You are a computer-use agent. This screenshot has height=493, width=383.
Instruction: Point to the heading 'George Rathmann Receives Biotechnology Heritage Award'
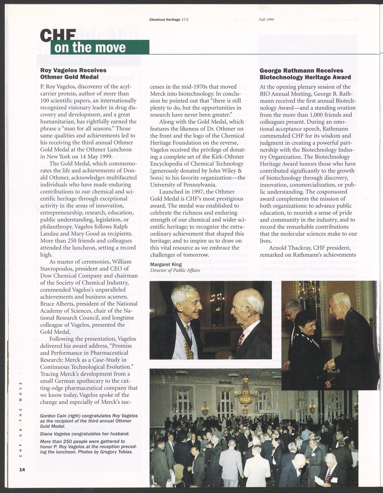pos(305,74)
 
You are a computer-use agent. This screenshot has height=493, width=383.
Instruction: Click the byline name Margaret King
pos(166,264)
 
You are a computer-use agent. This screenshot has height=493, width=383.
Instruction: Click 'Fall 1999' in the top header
pos(267,19)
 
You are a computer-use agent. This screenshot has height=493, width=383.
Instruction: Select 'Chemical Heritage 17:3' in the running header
pos(169,19)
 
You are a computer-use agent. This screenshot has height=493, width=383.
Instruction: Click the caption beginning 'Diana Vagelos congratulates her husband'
pos(85,434)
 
